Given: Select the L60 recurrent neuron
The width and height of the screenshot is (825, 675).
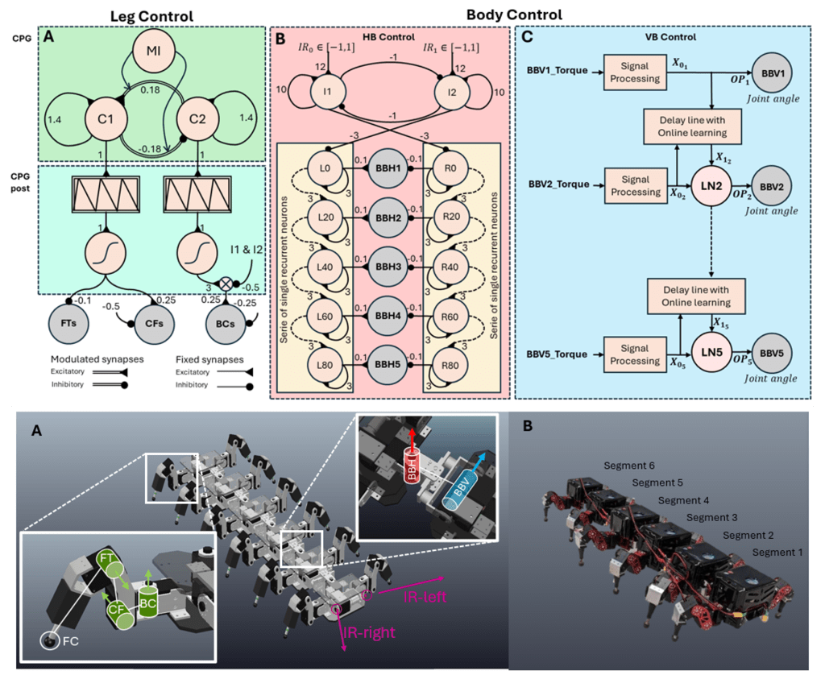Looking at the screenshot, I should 326,314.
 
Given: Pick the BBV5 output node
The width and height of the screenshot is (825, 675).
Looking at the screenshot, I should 774,353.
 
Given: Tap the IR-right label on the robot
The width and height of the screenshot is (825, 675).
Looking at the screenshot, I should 367,632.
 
